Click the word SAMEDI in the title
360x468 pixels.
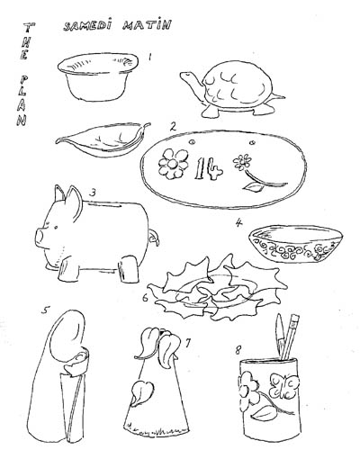[x=87, y=25]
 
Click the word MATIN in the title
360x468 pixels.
[x=147, y=24]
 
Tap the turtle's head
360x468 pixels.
[x=187, y=76]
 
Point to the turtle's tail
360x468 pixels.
[x=278, y=96]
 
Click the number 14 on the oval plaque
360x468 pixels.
[x=208, y=169]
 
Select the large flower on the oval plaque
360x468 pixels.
[x=173, y=164]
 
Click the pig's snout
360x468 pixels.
[x=40, y=236]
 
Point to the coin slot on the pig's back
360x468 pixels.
[x=106, y=204]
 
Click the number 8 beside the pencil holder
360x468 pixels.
[x=238, y=350]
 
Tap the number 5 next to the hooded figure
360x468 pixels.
[x=45, y=310]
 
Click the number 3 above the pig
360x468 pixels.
[x=93, y=193]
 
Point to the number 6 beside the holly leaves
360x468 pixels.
[x=145, y=298]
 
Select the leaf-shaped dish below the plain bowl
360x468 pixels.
[x=102, y=140]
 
